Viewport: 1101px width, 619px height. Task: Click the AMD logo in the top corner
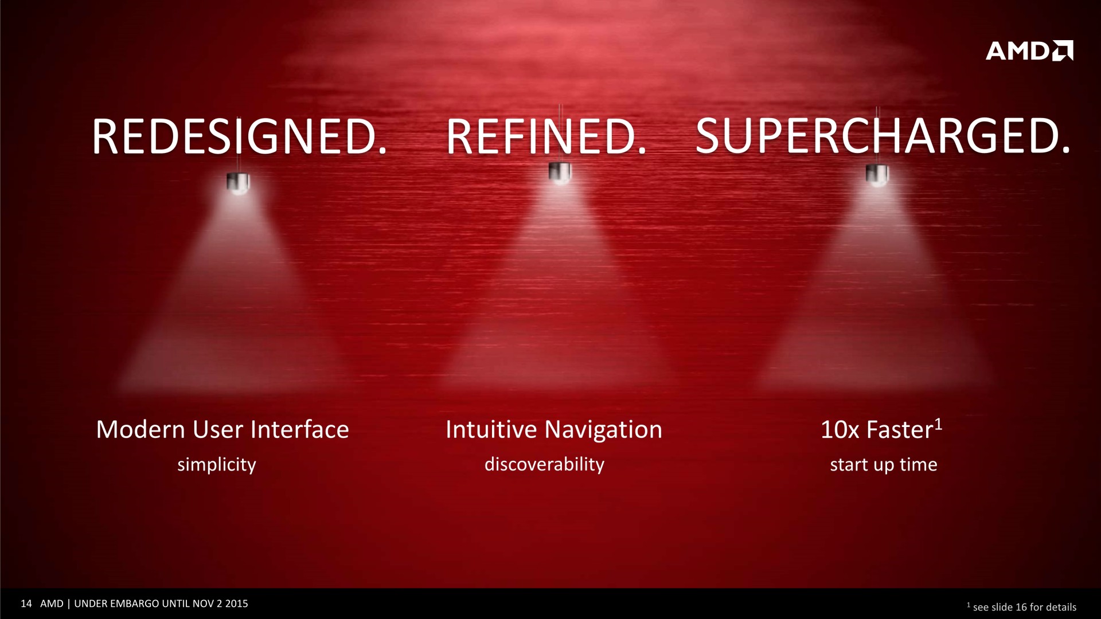click(1029, 50)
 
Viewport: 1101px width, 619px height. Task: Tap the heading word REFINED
click(546, 137)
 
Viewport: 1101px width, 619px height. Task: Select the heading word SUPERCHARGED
click(883, 137)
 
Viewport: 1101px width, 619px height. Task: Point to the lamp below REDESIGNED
click(238, 183)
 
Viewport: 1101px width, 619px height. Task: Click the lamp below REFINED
click(560, 173)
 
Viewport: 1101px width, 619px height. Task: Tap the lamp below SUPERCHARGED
click(877, 174)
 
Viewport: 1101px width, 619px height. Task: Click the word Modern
click(140, 430)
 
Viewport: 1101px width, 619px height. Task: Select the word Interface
click(300, 429)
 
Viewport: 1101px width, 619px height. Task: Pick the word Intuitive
click(491, 429)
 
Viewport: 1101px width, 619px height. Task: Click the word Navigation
click(603, 430)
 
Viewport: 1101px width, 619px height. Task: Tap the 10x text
click(840, 430)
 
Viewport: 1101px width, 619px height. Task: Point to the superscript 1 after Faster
click(938, 425)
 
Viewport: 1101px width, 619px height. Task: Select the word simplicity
click(217, 465)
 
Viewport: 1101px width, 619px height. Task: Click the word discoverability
click(544, 465)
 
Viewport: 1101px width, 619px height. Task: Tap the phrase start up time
click(884, 465)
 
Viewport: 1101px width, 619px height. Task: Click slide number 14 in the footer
click(26, 604)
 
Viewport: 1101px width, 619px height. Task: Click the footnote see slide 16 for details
click(1025, 607)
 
